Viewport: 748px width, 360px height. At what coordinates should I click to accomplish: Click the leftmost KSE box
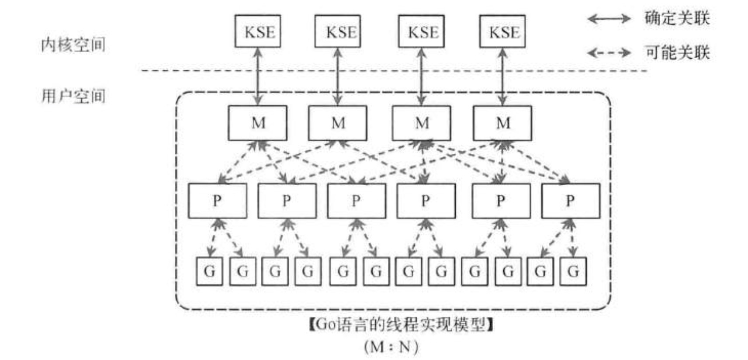(x=258, y=31)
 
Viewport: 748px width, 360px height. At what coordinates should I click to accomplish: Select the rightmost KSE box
(x=502, y=31)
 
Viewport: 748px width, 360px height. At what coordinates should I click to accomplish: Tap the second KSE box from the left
(x=338, y=31)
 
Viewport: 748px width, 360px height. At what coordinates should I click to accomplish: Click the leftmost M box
(x=258, y=123)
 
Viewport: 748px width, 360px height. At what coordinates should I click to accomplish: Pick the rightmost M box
(x=502, y=123)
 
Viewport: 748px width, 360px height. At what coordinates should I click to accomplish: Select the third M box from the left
(x=422, y=123)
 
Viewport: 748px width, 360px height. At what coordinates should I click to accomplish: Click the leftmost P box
(x=217, y=201)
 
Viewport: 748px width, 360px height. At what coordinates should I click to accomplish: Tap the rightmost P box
(x=570, y=201)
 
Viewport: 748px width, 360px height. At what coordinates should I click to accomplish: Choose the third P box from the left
(x=356, y=201)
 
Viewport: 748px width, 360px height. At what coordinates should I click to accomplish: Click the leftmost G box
(x=209, y=271)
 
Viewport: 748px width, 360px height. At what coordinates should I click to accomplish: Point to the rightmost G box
(x=573, y=271)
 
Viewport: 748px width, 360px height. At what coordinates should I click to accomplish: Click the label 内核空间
(x=73, y=45)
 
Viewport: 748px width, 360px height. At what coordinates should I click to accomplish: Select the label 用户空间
(x=73, y=96)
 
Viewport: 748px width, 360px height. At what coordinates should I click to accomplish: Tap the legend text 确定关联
(x=677, y=18)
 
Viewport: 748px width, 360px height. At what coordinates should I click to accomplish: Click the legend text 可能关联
(x=677, y=52)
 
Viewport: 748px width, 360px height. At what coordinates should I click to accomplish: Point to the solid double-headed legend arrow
(x=609, y=19)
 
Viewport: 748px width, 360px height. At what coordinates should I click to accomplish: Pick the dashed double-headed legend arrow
(x=609, y=53)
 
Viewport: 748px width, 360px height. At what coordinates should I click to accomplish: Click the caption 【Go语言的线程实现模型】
(x=401, y=325)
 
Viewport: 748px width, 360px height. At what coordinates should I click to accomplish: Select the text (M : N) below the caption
(x=391, y=346)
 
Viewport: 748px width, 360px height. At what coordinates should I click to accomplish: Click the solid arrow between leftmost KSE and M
(x=258, y=76)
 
